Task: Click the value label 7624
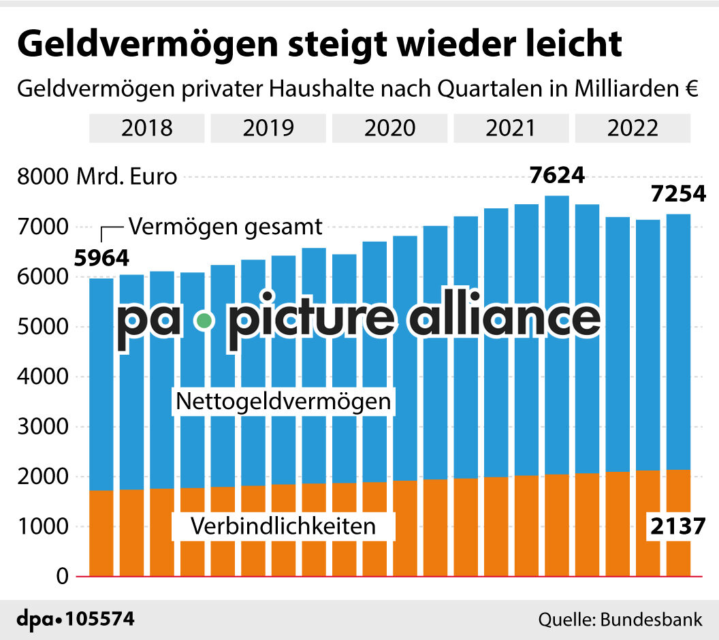click(558, 176)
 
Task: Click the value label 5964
click(101, 259)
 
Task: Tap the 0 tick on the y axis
click(62, 577)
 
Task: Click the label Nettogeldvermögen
click(284, 401)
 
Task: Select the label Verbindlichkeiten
click(283, 526)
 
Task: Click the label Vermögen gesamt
click(225, 226)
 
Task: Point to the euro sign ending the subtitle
click(692, 90)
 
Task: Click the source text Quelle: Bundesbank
click(620, 620)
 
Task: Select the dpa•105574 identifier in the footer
click(75, 620)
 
